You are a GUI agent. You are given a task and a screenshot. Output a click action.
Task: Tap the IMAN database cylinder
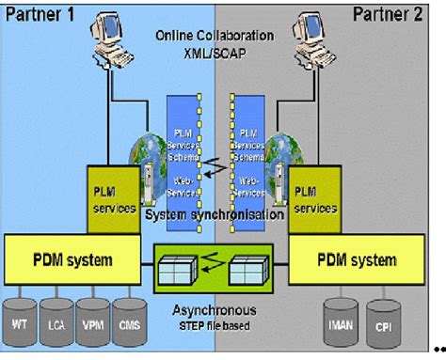339,324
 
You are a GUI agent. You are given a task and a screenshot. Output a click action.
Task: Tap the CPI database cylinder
382,324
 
